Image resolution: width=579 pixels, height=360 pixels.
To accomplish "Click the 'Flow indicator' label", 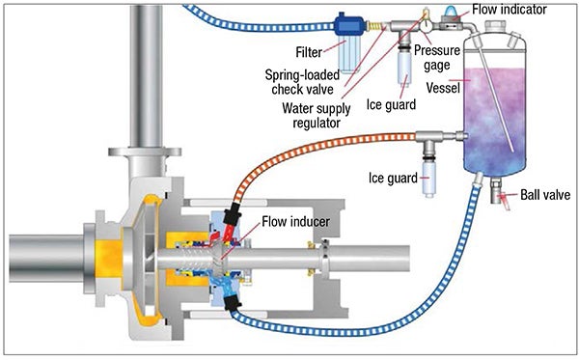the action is click(510, 10).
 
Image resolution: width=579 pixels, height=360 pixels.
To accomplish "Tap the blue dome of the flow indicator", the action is click(449, 13).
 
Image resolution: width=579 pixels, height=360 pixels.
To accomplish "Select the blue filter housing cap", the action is click(349, 25).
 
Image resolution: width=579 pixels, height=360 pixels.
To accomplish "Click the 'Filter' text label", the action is click(309, 52).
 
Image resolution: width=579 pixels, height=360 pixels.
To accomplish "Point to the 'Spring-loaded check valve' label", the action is click(302, 82).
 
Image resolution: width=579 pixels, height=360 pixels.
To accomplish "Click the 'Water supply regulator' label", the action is click(317, 115).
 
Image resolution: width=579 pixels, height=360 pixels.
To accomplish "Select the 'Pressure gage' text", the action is click(437, 58).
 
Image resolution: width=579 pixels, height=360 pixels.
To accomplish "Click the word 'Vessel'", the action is click(443, 88).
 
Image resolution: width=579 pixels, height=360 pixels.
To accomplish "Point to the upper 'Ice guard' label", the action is click(391, 104).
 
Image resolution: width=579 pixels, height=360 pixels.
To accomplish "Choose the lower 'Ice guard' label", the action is click(394, 178).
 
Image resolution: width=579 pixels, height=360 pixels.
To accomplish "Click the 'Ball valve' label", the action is click(545, 195).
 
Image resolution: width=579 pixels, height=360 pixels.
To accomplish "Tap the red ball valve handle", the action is click(504, 201).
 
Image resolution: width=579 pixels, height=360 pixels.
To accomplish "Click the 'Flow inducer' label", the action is click(296, 222).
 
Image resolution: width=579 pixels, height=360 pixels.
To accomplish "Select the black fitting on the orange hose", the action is click(232, 214).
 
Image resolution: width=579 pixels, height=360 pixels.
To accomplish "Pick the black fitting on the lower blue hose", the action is click(233, 303).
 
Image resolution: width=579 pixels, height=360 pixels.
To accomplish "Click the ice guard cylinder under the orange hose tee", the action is click(429, 179).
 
